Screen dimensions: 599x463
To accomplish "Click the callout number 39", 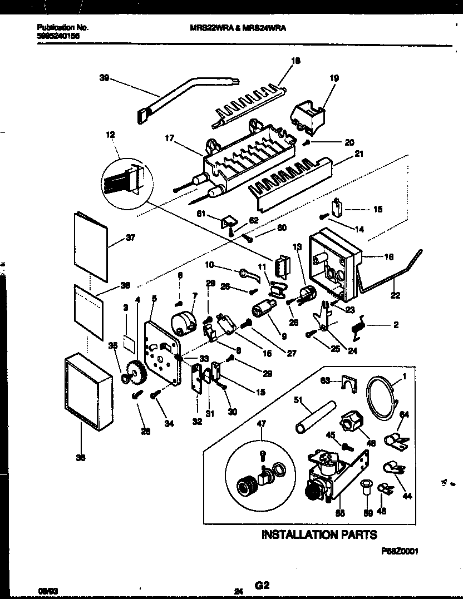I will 104,78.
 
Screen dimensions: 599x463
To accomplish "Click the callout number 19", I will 333,78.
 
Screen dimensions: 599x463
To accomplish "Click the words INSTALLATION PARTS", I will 319,534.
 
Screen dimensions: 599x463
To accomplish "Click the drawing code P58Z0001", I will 399,550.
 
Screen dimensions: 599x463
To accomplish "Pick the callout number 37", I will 131,237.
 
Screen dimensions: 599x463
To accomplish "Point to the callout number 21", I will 359,154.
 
